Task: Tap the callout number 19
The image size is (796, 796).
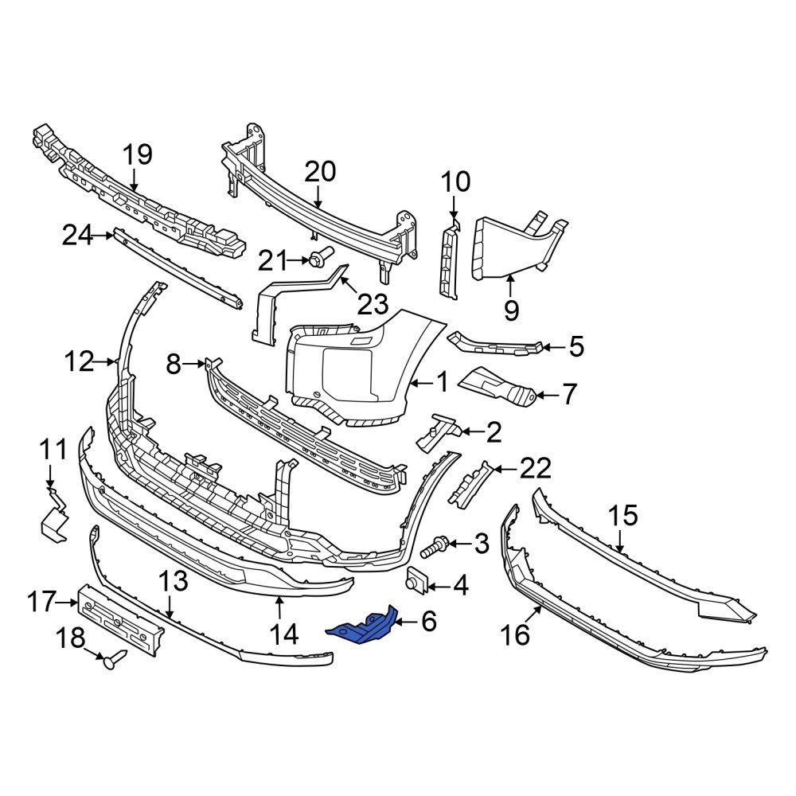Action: (137, 154)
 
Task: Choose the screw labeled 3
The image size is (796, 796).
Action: (431, 547)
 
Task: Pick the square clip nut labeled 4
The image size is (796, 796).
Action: (417, 581)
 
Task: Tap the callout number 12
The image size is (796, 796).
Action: (80, 362)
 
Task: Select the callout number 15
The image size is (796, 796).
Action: (623, 516)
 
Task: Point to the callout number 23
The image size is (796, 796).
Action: (372, 303)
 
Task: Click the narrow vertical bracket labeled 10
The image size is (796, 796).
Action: (450, 263)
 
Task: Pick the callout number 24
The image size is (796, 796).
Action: (78, 235)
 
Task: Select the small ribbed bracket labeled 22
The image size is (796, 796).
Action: (470, 482)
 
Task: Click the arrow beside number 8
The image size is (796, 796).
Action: (193, 365)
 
